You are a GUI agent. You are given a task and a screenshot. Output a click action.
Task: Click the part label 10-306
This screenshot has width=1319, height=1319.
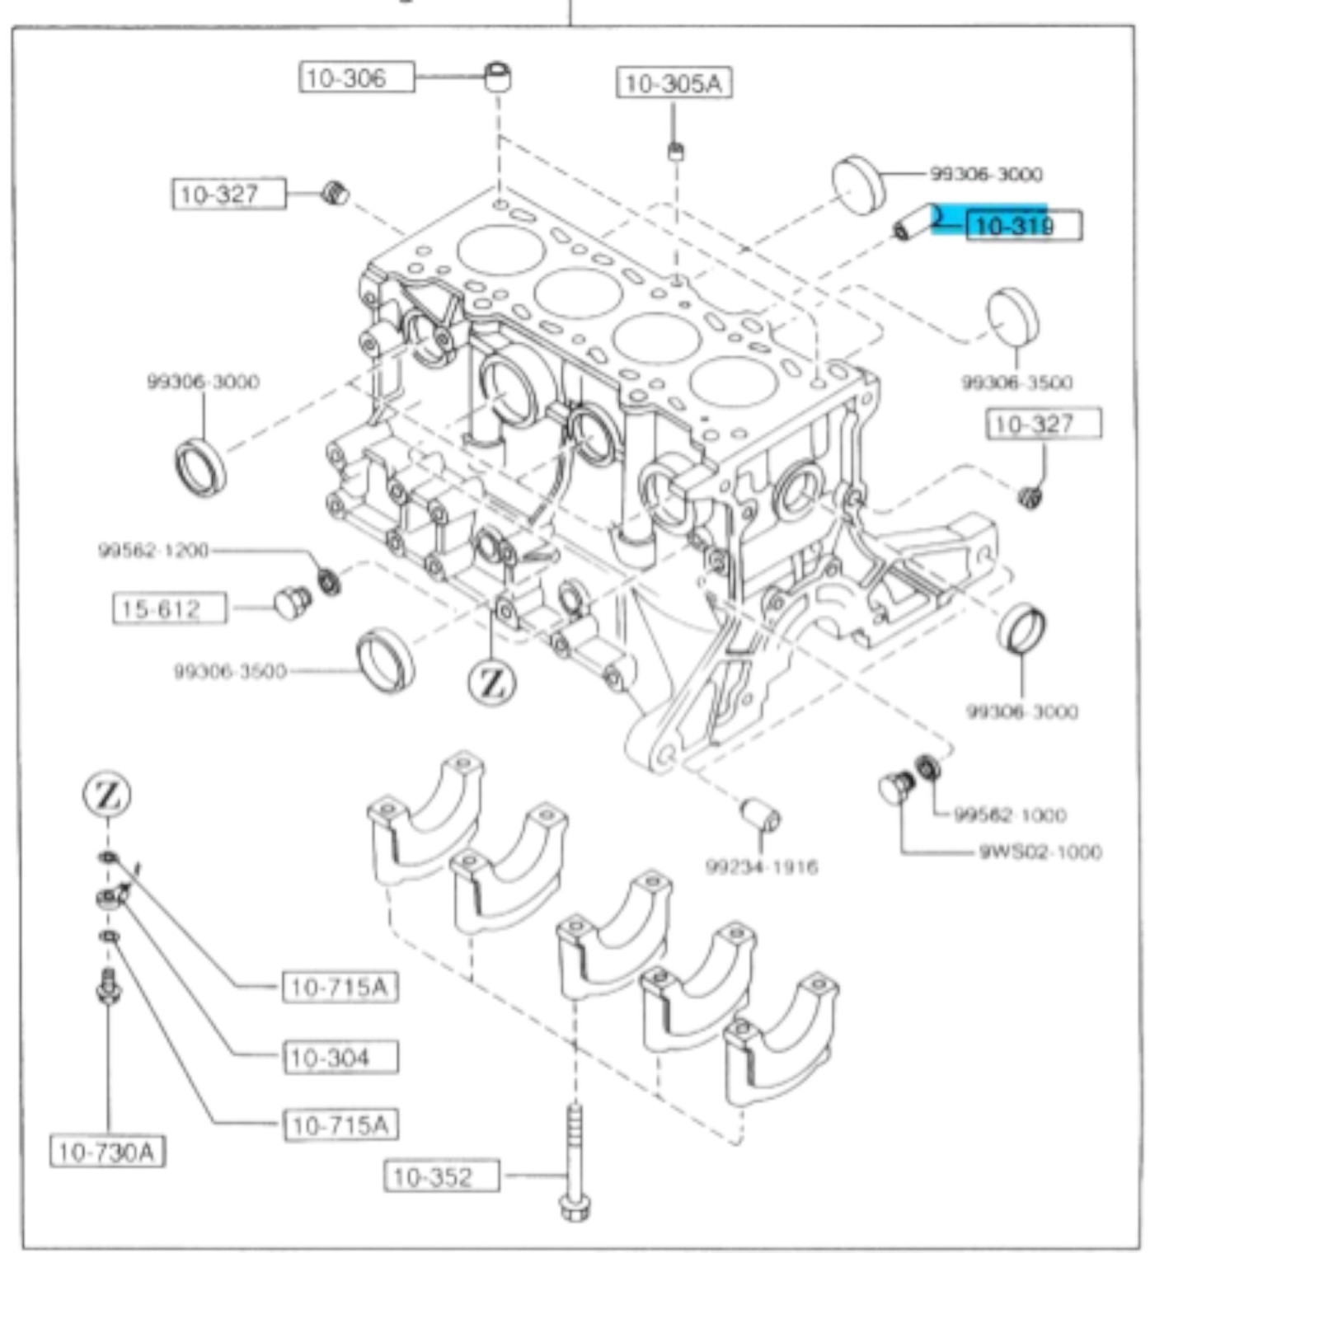pyautogui.click(x=356, y=77)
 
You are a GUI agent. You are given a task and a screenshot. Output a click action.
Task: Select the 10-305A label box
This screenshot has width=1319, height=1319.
pyautogui.click(x=674, y=83)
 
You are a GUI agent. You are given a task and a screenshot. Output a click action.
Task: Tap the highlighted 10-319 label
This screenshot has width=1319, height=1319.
pyautogui.click(x=1023, y=225)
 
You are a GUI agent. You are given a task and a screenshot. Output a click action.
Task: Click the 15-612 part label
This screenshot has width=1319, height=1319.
pyautogui.click(x=169, y=609)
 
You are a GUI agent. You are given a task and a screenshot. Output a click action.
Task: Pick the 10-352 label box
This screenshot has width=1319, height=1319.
pyautogui.click(x=441, y=1176)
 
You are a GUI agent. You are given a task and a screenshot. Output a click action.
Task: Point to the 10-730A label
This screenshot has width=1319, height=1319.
pyautogui.click(x=107, y=1152)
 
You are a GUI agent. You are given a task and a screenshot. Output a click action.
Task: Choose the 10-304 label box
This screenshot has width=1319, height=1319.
pyautogui.click(x=340, y=1057)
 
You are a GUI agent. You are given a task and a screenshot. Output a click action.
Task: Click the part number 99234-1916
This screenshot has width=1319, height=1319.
pyautogui.click(x=762, y=866)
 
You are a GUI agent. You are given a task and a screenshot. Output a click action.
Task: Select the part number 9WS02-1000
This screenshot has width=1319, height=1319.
pyautogui.click(x=1040, y=852)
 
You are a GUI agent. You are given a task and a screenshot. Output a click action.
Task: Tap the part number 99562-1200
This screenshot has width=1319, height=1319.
pyautogui.click(x=153, y=550)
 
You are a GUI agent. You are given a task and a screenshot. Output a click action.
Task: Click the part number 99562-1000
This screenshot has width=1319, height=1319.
pyautogui.click(x=1010, y=814)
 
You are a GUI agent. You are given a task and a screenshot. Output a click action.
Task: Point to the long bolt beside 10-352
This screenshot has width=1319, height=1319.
pyautogui.click(x=575, y=1162)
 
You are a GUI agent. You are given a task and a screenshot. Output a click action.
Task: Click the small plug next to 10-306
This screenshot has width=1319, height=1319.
pyautogui.click(x=497, y=76)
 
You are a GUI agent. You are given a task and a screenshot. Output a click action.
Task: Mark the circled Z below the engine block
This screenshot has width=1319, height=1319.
pyautogui.click(x=492, y=683)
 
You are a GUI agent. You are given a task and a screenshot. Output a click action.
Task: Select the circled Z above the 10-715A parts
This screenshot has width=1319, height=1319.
pyautogui.click(x=107, y=795)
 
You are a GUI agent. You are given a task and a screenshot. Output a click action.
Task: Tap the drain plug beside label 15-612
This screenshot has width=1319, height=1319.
pyautogui.click(x=292, y=603)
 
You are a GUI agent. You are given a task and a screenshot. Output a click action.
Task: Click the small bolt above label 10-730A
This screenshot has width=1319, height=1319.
pyautogui.click(x=108, y=986)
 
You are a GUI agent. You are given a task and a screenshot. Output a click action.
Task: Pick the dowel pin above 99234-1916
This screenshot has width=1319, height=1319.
pyautogui.click(x=760, y=814)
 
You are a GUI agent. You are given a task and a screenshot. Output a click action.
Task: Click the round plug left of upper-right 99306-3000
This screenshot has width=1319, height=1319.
pyautogui.click(x=858, y=184)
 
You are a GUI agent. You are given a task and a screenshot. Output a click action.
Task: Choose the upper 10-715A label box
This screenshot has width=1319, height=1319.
pyautogui.click(x=340, y=987)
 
